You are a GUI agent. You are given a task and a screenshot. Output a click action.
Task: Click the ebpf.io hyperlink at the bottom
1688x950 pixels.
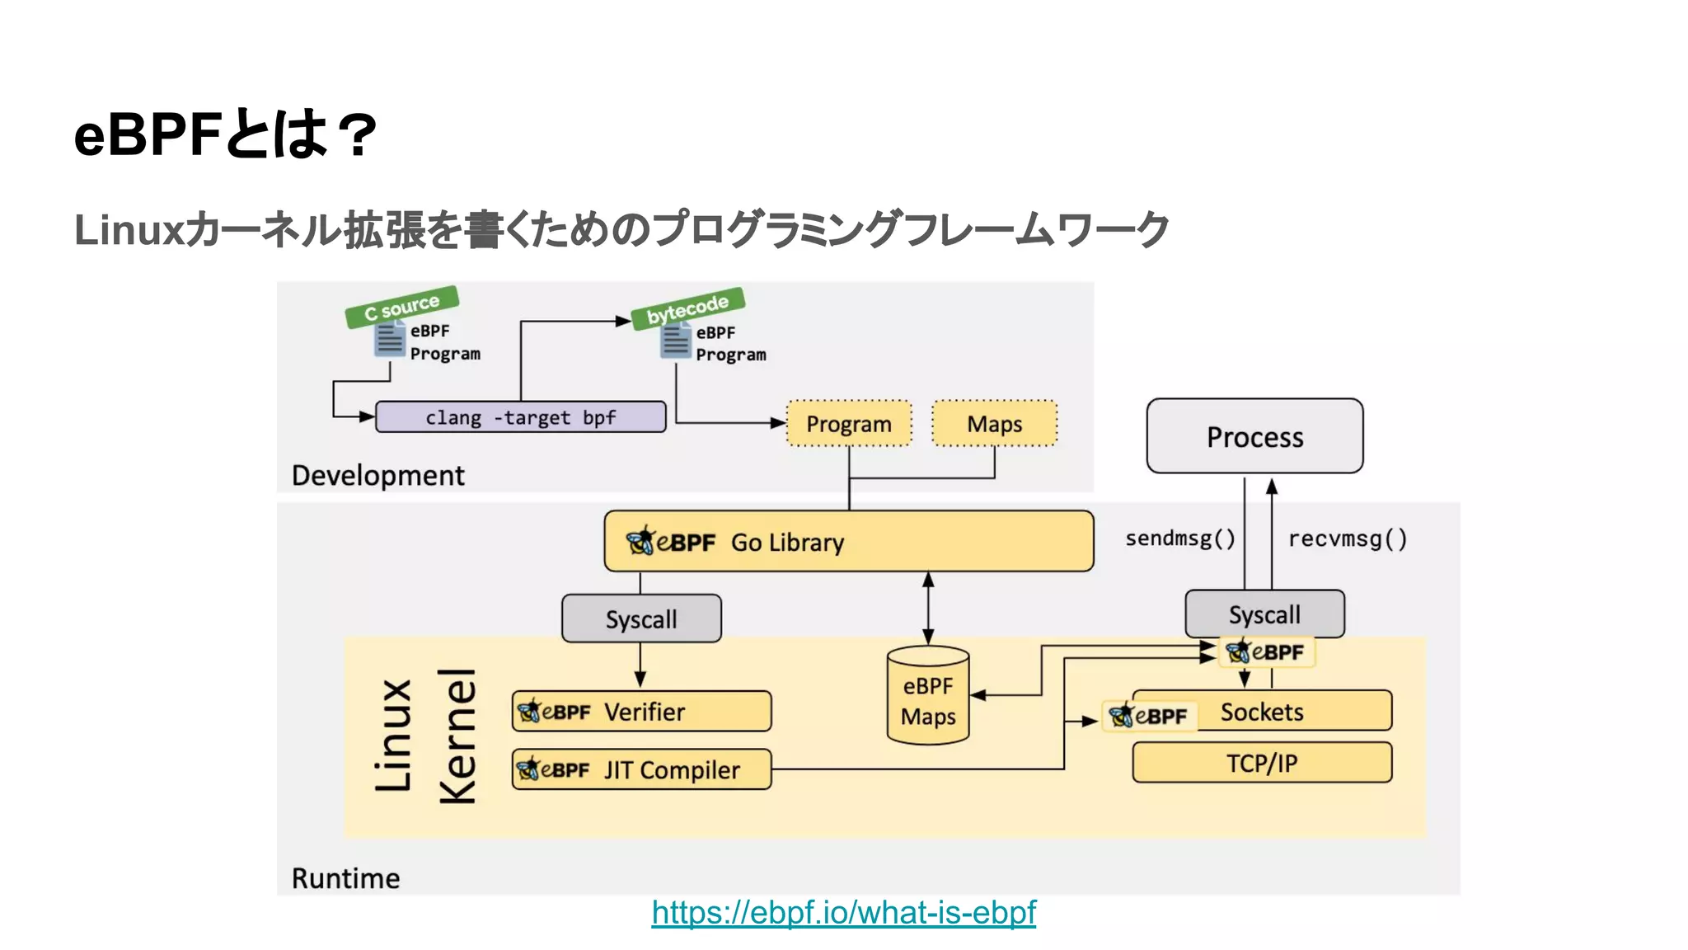pos(843,913)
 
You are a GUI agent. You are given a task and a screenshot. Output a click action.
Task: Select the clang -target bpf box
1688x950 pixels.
pos(520,417)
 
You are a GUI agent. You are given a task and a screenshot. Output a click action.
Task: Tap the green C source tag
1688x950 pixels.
pos(401,307)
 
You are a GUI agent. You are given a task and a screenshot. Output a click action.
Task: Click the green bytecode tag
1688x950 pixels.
pos(687,309)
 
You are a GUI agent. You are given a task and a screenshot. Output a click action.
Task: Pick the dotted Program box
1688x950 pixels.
pos(849,424)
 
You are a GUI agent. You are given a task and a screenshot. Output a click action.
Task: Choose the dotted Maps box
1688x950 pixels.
pos(994,424)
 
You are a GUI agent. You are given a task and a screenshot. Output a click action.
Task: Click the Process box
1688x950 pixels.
pos(1254,436)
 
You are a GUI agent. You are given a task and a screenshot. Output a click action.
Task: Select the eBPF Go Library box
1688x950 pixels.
pos(849,542)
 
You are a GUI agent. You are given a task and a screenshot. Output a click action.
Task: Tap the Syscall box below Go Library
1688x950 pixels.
pos(641,618)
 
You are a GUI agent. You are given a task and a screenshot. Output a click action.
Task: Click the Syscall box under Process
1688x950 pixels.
pos(1264,614)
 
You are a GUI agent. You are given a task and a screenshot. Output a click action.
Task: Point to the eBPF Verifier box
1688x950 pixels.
pos(641,712)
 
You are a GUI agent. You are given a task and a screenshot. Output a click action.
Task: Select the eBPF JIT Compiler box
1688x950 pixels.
pos(641,769)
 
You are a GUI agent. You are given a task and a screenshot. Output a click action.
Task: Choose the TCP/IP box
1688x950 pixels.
pos(1262,763)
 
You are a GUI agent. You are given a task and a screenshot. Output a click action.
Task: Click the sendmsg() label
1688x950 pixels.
pos(1180,538)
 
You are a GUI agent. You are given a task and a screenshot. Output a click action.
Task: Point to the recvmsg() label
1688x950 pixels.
pos(1348,538)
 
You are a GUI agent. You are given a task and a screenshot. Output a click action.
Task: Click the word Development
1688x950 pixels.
pos(377,476)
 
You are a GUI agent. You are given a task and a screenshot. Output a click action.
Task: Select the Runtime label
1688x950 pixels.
pos(345,878)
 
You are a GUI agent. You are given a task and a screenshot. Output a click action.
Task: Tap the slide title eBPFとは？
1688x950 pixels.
pos(225,134)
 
